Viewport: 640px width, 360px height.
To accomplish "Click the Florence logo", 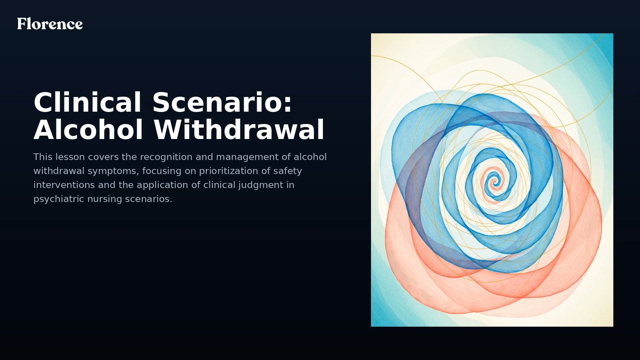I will (50, 24).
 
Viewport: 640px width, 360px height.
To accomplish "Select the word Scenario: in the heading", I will (222, 102).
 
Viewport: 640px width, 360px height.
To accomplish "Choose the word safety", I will (288, 171).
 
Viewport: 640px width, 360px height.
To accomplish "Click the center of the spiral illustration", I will (495, 182).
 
